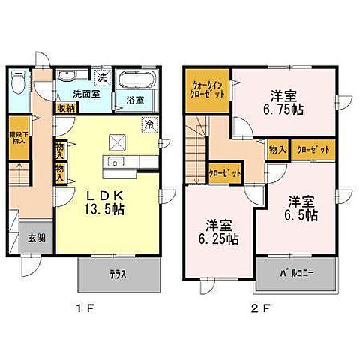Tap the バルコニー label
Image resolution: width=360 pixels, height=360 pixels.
tap(294, 274)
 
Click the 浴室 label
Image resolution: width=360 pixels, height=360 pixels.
tap(135, 100)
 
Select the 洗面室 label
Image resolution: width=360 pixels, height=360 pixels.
tap(86, 94)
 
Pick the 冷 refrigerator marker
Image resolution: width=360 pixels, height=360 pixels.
tap(149, 124)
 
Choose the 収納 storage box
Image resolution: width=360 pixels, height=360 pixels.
tap(65, 107)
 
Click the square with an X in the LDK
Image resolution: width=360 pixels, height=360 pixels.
tap(116, 140)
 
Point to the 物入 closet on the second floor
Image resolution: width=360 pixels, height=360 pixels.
tap(277, 150)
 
